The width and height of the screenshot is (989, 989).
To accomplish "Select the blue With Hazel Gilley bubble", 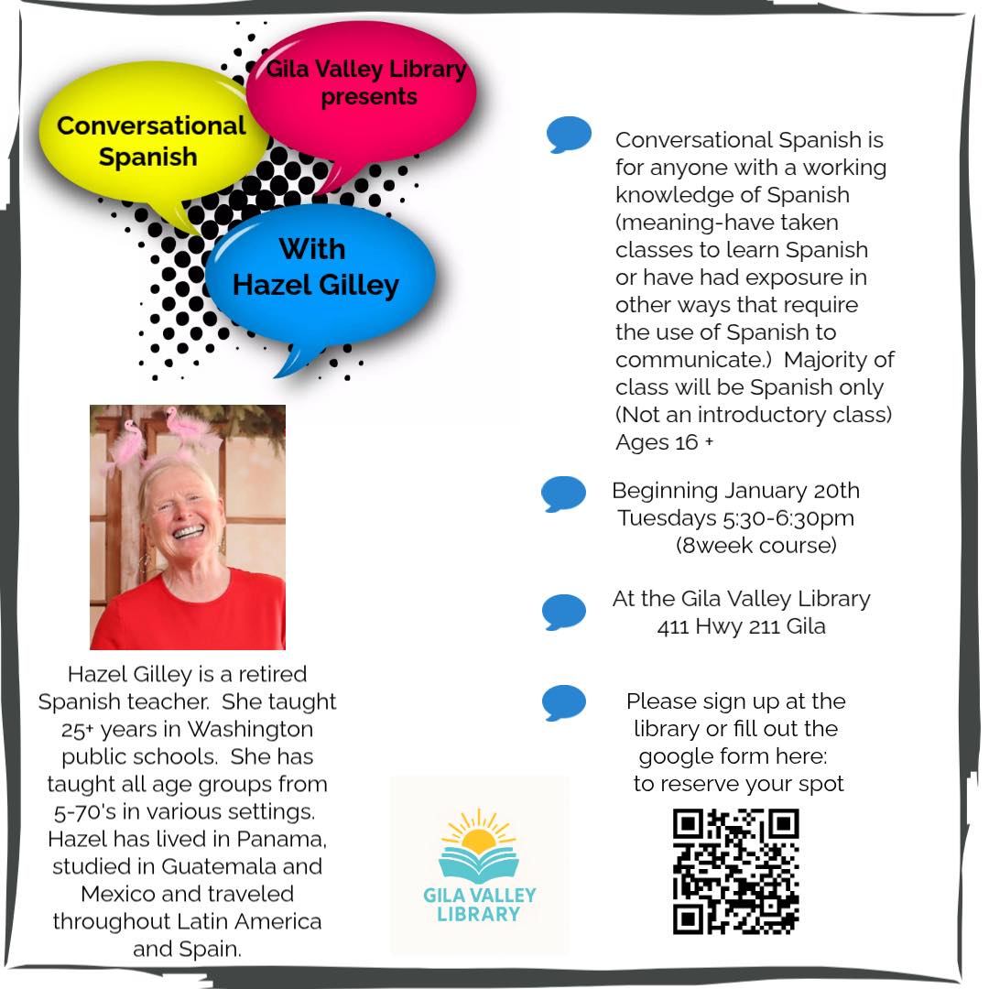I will click(x=316, y=270).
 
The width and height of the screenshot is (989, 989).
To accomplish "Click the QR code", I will click(x=735, y=871).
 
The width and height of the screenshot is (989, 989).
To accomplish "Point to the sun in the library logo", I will click(x=478, y=839).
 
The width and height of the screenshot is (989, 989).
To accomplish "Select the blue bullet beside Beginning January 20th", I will click(x=563, y=494).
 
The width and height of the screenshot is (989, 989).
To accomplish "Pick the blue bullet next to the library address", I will click(x=563, y=612).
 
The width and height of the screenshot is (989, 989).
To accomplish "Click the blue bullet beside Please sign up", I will click(x=563, y=702).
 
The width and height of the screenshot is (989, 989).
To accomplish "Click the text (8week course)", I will click(x=756, y=546).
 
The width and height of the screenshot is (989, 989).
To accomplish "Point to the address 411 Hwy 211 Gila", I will click(x=741, y=627).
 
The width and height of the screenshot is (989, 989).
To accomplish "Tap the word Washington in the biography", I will click(x=250, y=730).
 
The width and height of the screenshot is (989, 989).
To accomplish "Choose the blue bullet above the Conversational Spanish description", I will click(x=569, y=134).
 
